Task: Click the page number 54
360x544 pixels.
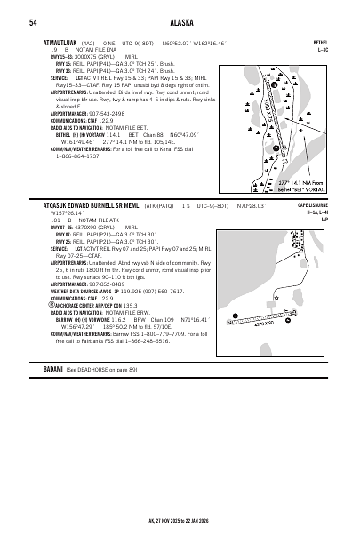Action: pos(33,22)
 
